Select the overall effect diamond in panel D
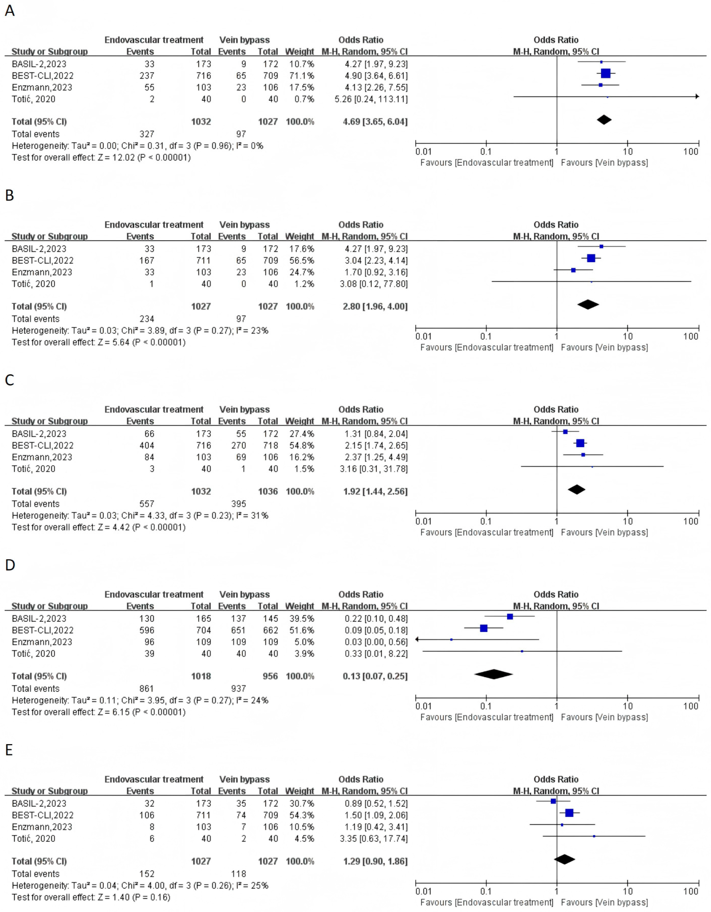493,674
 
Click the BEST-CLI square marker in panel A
605,73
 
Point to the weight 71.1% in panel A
300,76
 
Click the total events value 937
239,689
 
